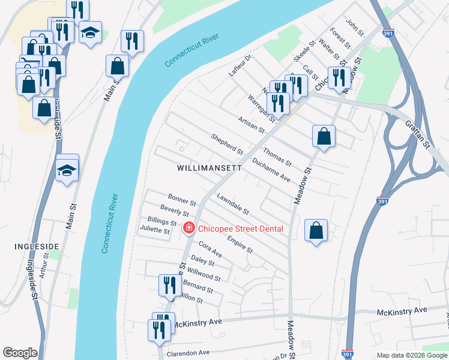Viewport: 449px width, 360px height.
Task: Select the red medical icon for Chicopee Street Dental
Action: tap(188, 228)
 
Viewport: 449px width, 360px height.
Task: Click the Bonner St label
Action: tap(182, 200)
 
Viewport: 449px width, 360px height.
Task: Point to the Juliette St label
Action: tap(155, 230)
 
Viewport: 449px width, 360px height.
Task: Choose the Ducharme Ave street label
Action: tap(271, 170)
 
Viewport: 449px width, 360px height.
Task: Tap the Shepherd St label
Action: tap(227, 143)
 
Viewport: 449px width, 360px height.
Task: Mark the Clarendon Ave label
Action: tap(188, 352)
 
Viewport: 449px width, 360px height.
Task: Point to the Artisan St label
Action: tap(251, 124)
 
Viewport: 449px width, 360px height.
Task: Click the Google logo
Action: tap(20, 353)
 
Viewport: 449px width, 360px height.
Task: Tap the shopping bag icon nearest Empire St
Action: tap(316, 231)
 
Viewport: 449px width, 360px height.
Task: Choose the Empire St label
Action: tap(240, 244)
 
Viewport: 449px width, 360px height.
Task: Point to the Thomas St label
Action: tap(277, 158)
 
